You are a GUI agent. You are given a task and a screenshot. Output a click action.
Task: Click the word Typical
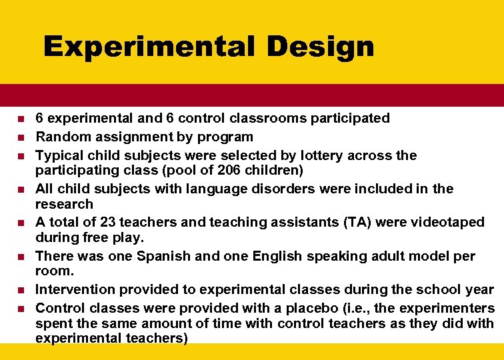59,155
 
